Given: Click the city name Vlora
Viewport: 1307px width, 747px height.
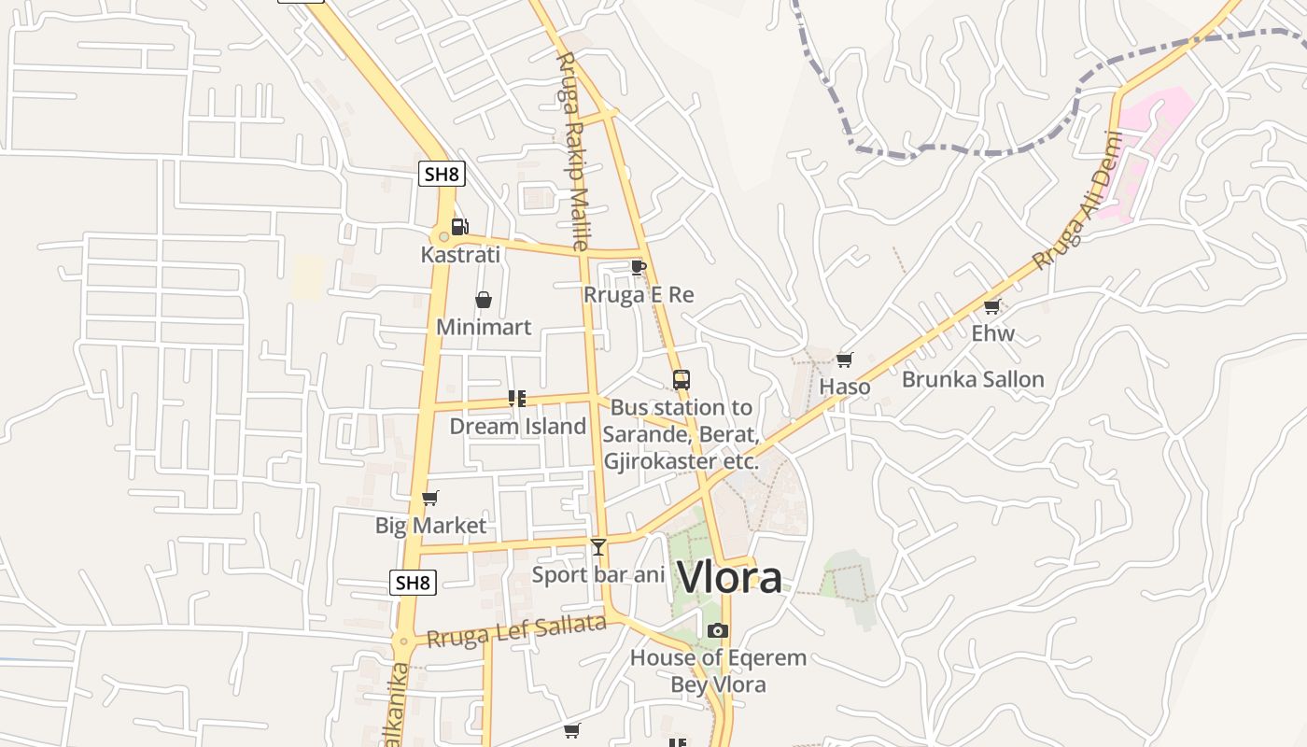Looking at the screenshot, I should point(729,577).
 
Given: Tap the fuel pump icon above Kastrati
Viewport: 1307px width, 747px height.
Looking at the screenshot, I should point(459,226).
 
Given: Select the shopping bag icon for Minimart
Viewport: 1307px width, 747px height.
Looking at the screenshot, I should point(484,300).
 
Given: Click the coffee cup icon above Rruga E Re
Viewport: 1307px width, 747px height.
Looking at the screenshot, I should point(639,267).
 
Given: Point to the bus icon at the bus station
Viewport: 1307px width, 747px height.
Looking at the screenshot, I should point(682,380).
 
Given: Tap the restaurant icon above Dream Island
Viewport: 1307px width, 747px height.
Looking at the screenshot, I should point(517,399).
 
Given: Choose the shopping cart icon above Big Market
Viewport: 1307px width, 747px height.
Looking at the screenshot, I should point(430,498).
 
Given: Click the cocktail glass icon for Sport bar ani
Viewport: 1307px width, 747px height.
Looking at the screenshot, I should point(598,546).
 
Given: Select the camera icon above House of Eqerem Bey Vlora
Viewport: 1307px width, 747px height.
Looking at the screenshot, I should point(717,630).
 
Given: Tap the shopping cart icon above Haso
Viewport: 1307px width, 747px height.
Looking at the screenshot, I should point(845,359).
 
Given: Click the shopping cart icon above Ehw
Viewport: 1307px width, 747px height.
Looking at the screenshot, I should point(992,306).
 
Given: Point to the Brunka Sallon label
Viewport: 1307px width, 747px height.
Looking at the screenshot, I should point(973,379).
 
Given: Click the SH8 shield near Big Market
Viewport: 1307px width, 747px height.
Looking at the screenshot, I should point(413,583).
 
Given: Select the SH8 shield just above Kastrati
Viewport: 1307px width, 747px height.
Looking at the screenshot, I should point(441,173).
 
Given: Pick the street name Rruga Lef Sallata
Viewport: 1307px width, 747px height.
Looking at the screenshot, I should point(516,632).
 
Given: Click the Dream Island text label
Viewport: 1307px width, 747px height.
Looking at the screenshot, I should point(518,427).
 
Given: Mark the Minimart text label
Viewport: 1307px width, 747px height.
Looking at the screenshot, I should point(484,327).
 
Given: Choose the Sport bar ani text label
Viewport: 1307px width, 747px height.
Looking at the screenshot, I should point(597,574).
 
